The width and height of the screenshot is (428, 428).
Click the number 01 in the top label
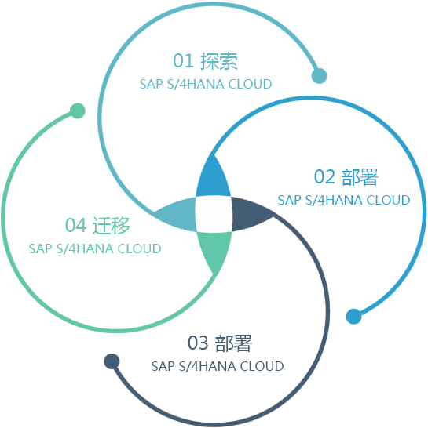click(x=184, y=61)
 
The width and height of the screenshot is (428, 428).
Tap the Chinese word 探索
click(x=219, y=61)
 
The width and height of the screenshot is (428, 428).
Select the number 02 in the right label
click(x=324, y=177)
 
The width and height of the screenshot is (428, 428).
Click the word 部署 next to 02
click(x=360, y=177)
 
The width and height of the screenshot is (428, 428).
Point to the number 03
click(x=198, y=343)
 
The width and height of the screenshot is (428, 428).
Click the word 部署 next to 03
click(x=233, y=343)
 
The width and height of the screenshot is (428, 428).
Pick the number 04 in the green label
click(x=75, y=225)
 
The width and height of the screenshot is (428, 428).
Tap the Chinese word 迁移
click(x=111, y=225)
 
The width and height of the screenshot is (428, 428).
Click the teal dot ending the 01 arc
click(x=319, y=75)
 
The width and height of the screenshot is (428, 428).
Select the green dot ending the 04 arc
click(x=78, y=111)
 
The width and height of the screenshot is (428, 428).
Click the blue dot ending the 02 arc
click(x=353, y=317)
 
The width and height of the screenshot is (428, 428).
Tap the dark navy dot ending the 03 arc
click(x=112, y=361)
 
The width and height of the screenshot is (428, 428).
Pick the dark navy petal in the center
click(x=249, y=213)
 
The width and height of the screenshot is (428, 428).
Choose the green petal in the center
click(x=214, y=250)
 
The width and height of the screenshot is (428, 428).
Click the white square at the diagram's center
click(x=214, y=214)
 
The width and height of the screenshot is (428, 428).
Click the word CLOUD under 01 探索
click(x=250, y=84)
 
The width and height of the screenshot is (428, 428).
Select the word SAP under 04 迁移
click(x=41, y=248)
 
